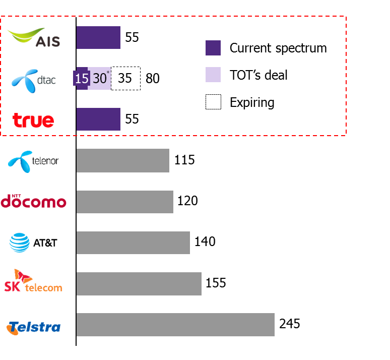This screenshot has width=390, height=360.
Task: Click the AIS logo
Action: tap(33, 38)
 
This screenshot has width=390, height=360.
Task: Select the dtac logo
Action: tap(33, 80)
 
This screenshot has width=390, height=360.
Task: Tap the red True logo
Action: tap(33, 121)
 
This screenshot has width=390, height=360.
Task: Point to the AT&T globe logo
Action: tap(20, 243)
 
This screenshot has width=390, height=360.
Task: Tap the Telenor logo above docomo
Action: tap(21, 161)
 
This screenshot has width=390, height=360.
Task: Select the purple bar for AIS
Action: tap(98, 38)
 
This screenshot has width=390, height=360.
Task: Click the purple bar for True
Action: tap(98, 119)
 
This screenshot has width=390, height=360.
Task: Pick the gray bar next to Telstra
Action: tap(175, 325)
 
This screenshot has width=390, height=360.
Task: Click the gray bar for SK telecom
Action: tap(139, 284)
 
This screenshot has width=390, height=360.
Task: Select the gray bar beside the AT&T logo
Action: tap(133, 243)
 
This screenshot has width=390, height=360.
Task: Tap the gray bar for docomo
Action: tap(124, 202)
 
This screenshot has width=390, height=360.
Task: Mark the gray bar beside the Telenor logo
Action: tap(122, 160)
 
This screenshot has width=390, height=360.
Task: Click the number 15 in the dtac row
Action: tap(82, 79)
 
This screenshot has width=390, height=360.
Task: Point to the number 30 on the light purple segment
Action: tap(100, 79)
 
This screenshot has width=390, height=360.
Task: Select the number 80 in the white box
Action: tap(152, 79)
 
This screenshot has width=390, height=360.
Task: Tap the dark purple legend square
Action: tap(213, 48)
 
